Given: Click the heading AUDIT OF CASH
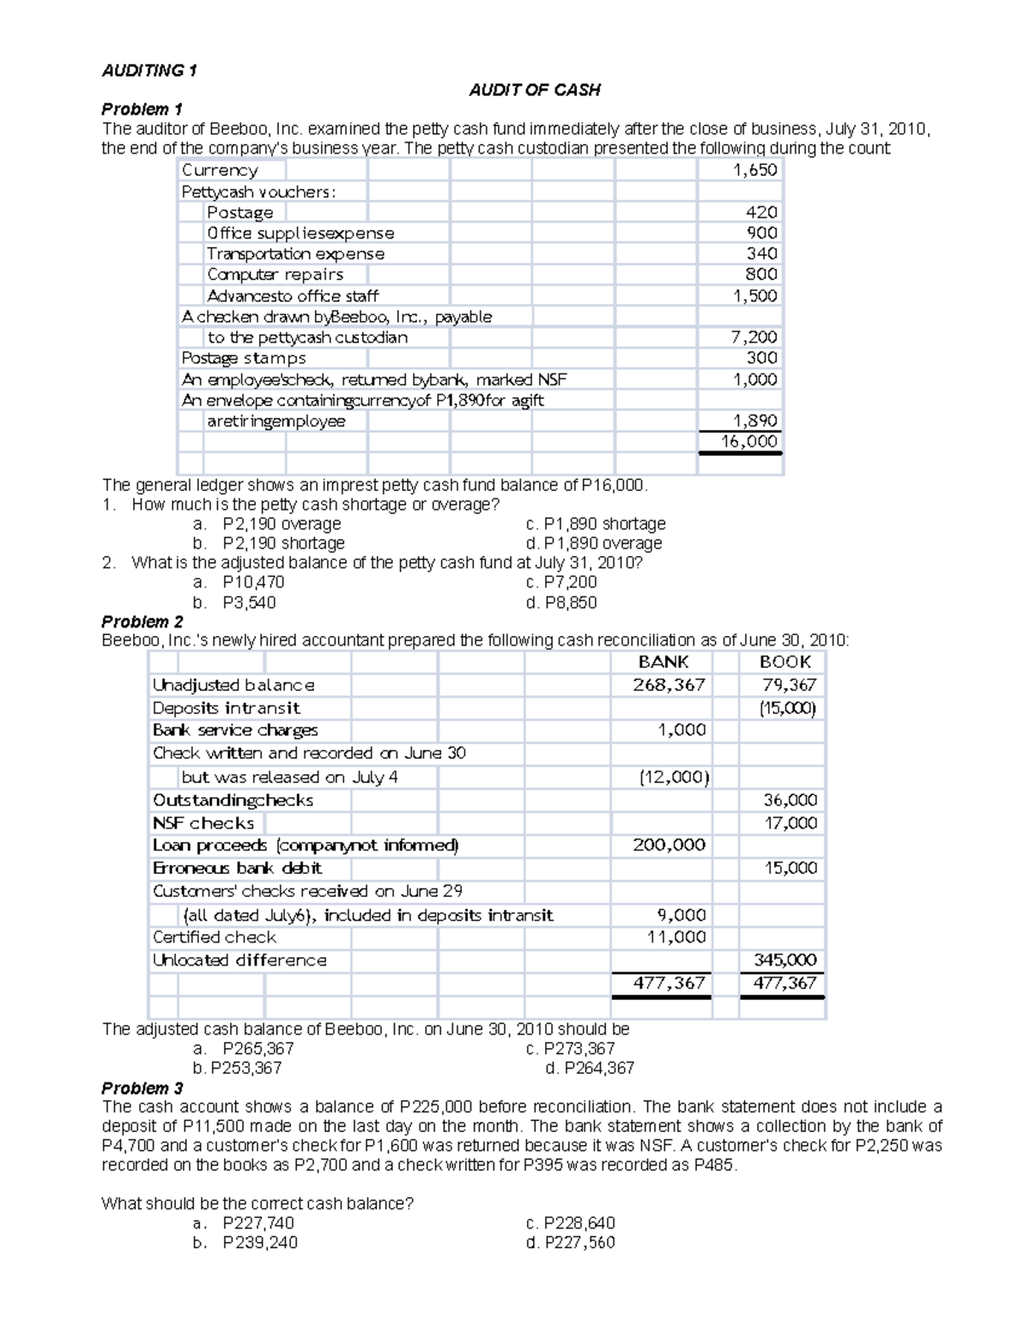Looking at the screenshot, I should pos(534,89).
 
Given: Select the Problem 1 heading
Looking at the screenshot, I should pos(142,109).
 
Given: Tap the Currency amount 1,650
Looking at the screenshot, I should pos(754,170).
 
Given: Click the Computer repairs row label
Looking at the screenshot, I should pos(275,275).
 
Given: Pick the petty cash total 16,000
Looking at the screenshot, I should pos(749,441).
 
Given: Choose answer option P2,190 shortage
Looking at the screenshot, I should pos(282,543).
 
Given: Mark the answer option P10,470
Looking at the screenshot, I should pos(253,582).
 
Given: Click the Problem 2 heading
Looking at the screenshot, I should pos(142,621).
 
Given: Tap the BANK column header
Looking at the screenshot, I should pos(663,662).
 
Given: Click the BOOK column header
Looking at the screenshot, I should pos(785,662).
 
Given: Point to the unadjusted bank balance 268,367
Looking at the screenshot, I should pos(669,685).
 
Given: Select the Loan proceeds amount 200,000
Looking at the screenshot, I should pos(669,845).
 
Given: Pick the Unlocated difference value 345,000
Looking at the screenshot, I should pos(785,960).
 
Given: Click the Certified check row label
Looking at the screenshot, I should pos(215,937).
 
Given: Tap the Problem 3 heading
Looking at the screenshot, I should pos(142,1088).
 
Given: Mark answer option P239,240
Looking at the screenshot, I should pos(259,1242).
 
